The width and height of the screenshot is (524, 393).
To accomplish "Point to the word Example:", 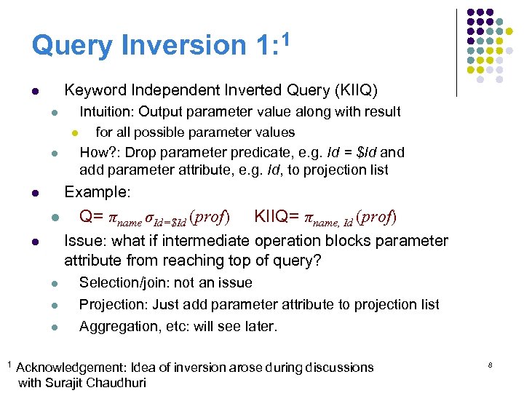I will pos(98,193).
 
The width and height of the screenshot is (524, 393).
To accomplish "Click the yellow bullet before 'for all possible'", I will pos(74,133).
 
